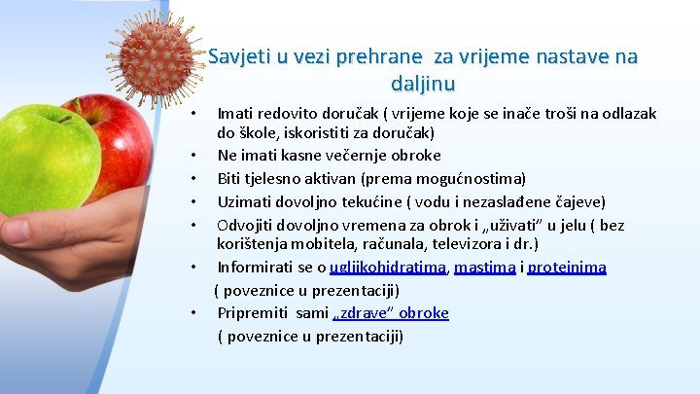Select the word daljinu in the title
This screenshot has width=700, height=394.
[x=423, y=84]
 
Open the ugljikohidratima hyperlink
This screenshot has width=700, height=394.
[x=387, y=267]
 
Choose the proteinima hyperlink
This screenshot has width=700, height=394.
[x=568, y=267]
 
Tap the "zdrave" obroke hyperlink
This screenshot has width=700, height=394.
[x=390, y=313]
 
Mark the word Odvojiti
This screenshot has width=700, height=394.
[x=247, y=225]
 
